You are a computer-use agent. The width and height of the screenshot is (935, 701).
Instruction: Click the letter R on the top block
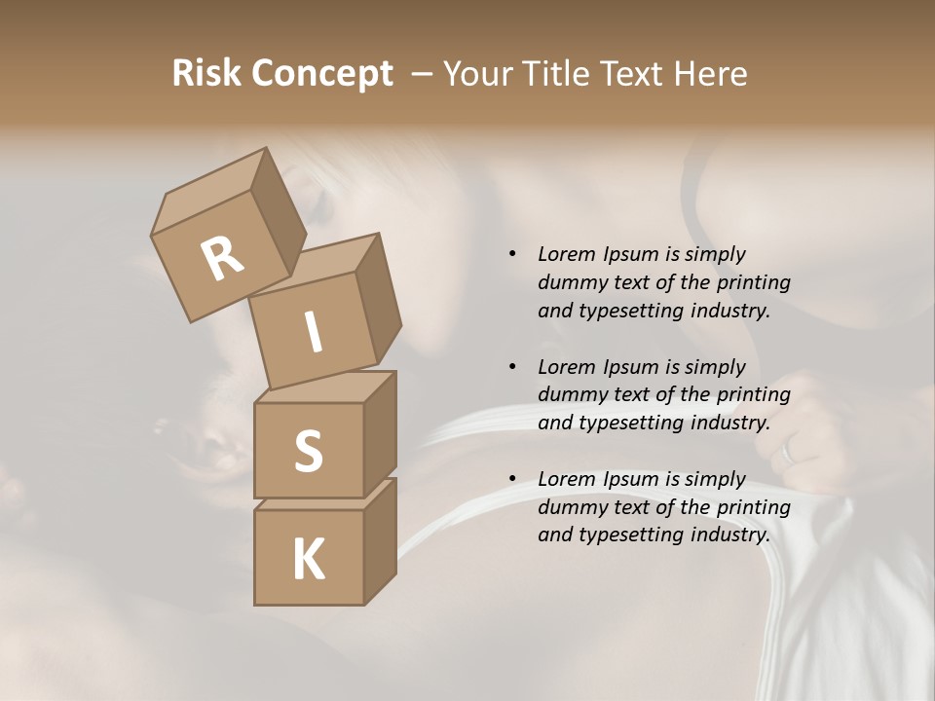coord(222,259)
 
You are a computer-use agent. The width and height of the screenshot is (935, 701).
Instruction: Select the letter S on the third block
coord(308,451)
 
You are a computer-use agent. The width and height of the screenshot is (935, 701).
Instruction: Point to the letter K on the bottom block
coord(308,560)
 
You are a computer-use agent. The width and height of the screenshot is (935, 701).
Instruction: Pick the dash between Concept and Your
coord(422,74)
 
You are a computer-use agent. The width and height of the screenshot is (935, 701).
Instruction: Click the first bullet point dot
coord(512,255)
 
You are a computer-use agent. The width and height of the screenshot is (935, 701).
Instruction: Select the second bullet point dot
coord(512,367)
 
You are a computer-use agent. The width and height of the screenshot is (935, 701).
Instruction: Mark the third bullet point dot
coord(512,479)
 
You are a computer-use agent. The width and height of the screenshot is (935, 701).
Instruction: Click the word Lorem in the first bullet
coord(567,254)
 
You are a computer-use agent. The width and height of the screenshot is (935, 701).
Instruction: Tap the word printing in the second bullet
coord(753,395)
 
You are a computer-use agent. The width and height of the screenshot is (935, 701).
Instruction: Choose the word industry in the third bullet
coord(729,535)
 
